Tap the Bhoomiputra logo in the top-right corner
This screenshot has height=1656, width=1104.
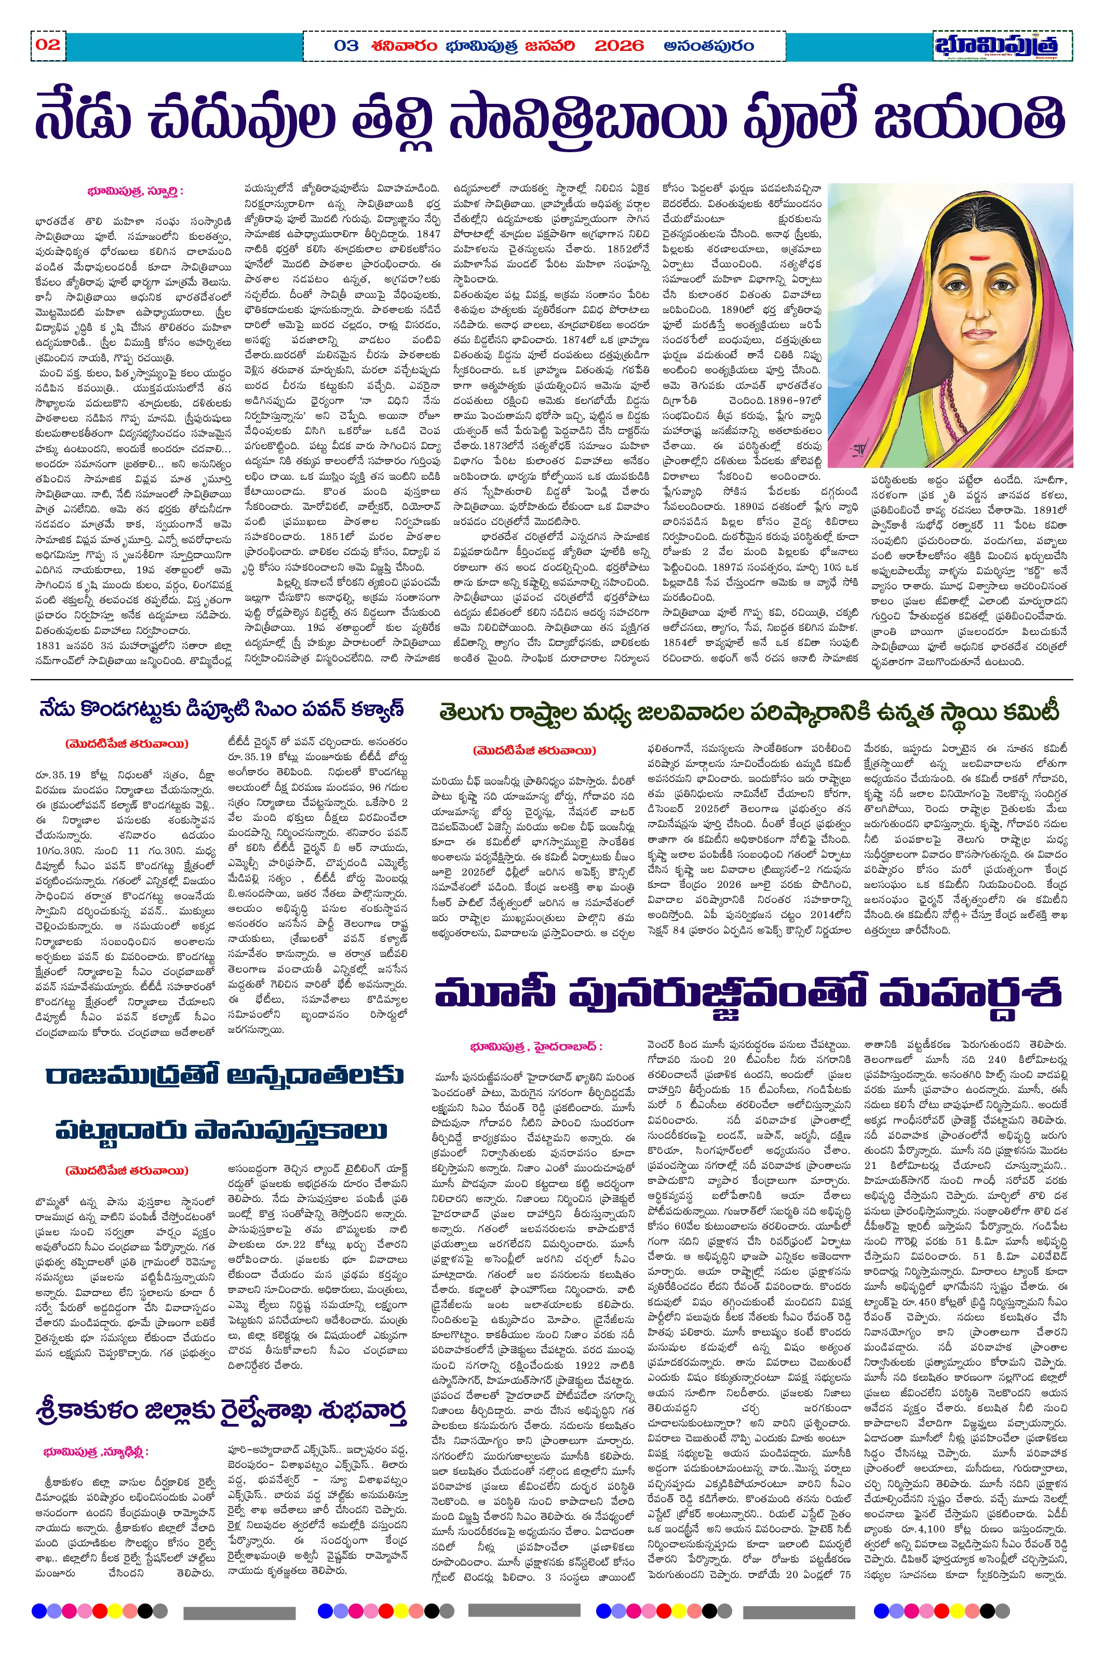pyautogui.click(x=1003, y=46)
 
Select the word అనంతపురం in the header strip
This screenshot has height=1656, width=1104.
pyautogui.click(x=708, y=46)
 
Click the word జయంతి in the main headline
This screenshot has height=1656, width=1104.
pyautogui.click(x=970, y=117)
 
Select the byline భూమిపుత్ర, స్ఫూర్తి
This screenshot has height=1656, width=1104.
pyautogui.click(x=135, y=191)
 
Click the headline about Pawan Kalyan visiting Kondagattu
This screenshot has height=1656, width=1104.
pyautogui.click(x=222, y=709)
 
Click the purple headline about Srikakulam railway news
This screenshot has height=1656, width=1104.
pyautogui.click(x=222, y=1391)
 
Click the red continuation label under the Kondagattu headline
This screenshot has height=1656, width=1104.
pyautogui.click(x=127, y=744)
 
